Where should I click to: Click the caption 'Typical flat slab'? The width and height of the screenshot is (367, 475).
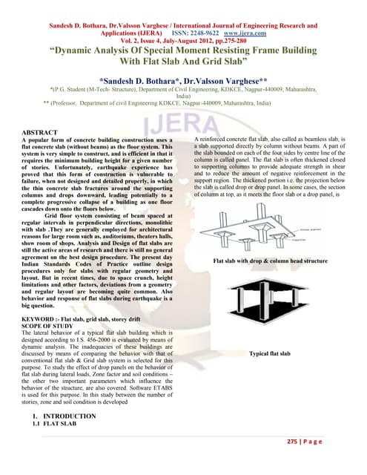tap(270, 354)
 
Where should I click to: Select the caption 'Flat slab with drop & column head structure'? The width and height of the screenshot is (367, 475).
tap(270, 261)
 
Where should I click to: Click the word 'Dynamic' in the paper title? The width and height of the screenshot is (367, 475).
tap(88, 52)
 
